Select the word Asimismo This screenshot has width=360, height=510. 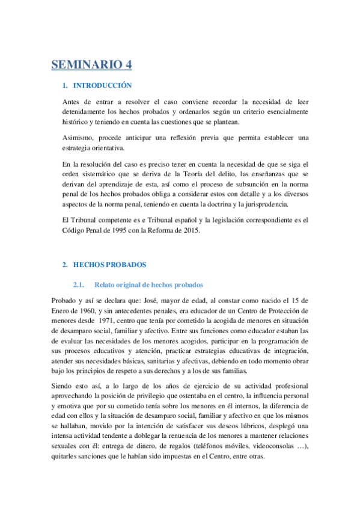pos(79,137)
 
